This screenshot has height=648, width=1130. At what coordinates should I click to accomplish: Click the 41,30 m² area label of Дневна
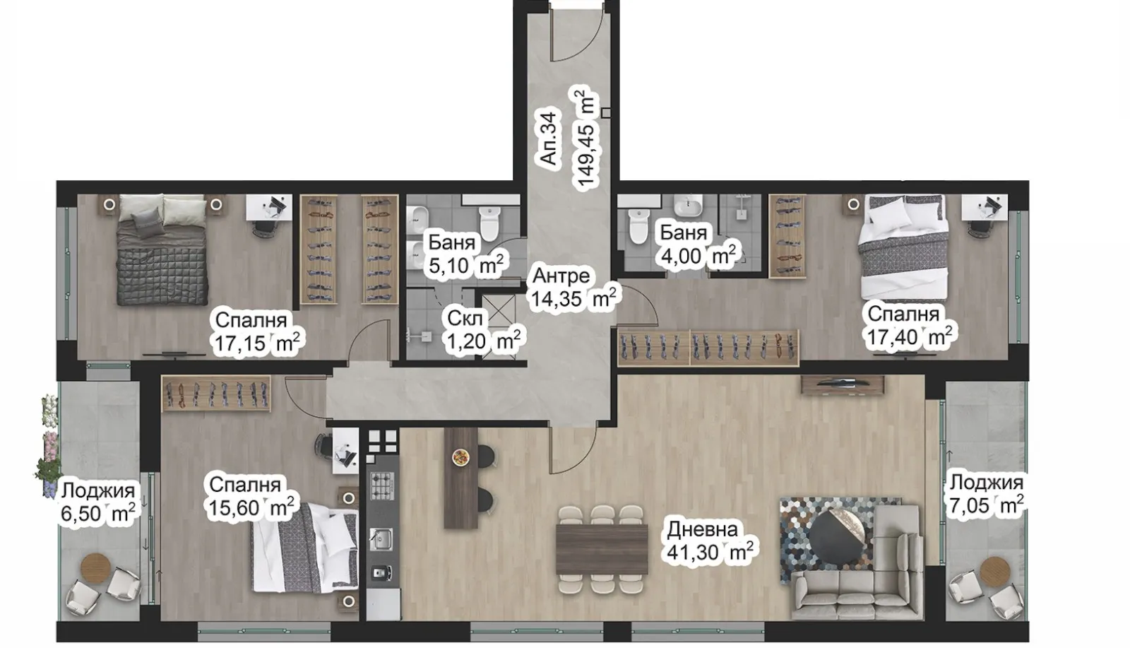pos(710,551)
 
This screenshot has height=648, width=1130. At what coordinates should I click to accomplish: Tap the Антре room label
pos(561,276)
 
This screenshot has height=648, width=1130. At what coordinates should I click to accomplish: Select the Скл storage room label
pos(465,318)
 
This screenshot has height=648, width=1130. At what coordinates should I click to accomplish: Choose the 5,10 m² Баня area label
pos(466,266)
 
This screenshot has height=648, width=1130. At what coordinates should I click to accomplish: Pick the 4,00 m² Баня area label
pos(698,255)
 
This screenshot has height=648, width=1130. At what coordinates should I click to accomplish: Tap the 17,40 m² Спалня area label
pos(910,336)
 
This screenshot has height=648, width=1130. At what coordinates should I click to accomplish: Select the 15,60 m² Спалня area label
pos(250,507)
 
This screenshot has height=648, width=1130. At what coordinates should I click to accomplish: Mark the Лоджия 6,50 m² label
pos(97,502)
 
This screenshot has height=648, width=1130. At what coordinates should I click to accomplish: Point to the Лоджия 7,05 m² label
pos(986,494)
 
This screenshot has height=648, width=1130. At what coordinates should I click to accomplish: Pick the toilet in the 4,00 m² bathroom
pos(638,226)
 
